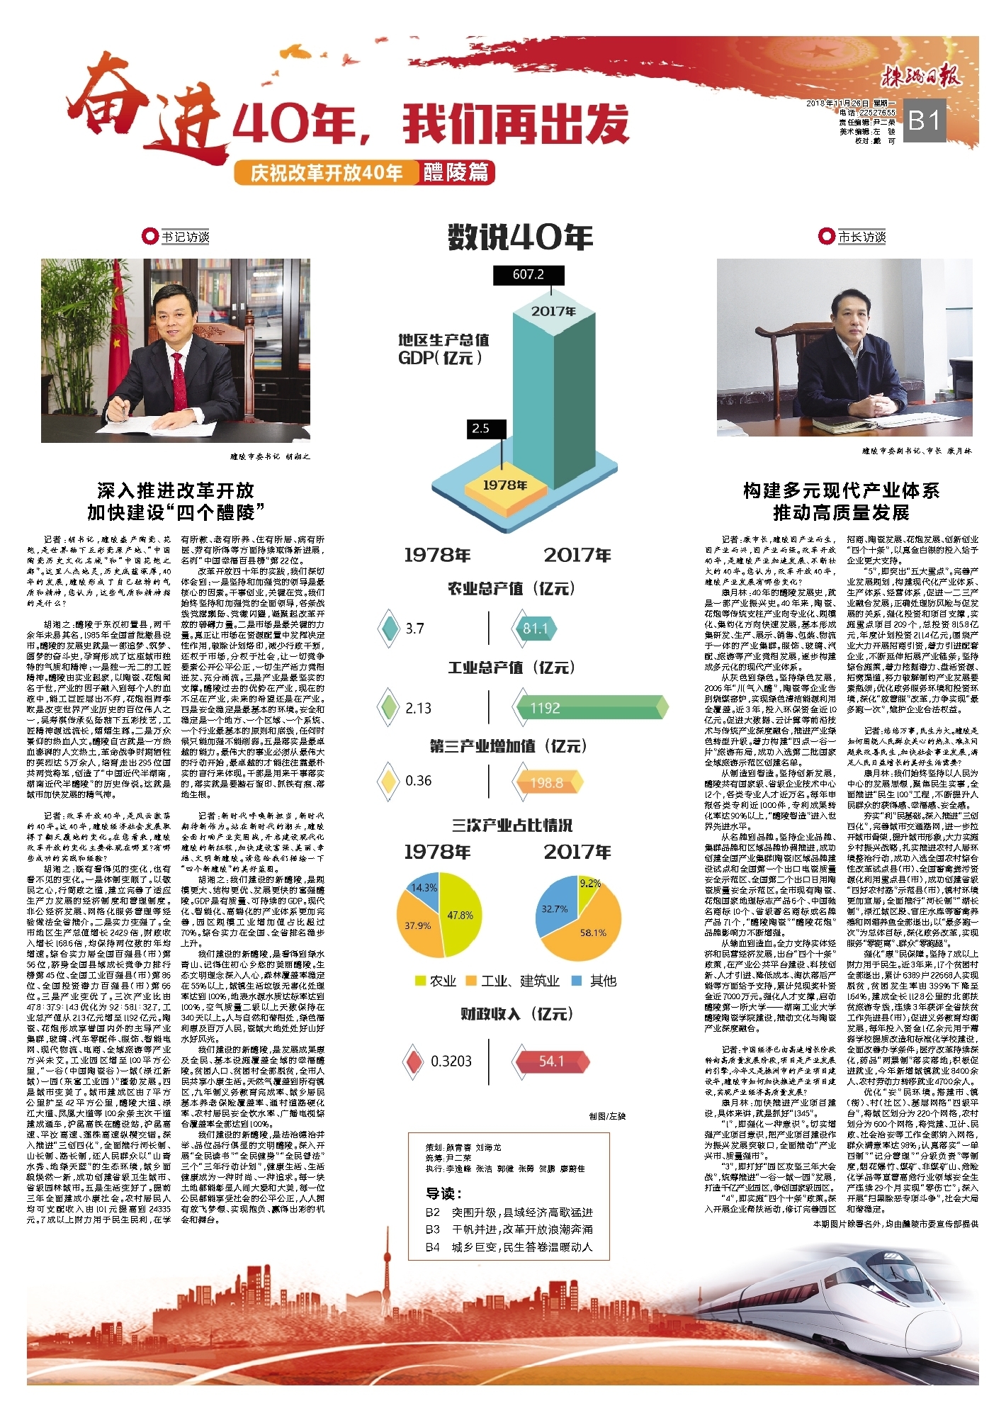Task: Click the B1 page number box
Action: (925, 121)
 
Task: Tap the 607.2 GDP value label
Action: (529, 275)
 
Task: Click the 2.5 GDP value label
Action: (481, 428)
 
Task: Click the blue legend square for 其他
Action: (577, 981)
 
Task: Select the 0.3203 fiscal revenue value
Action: (451, 1062)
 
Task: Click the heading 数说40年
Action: (520, 237)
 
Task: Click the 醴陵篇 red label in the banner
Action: (456, 173)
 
